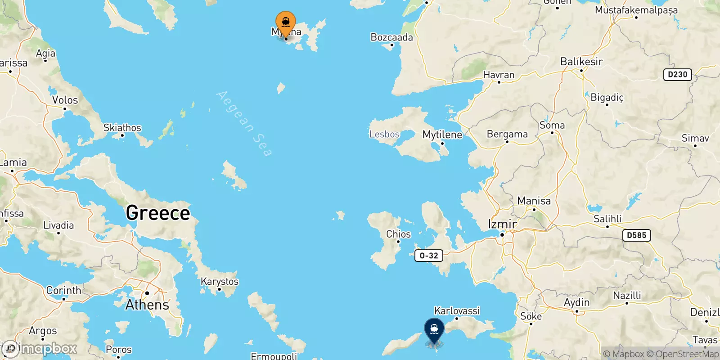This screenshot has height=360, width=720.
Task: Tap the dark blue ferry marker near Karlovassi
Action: (x=434, y=330)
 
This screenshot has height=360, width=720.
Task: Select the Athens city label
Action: (x=147, y=305)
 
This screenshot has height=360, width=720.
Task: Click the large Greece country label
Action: (x=158, y=213)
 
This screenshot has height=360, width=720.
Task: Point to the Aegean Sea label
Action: (x=244, y=123)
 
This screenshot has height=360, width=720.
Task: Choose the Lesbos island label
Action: (x=384, y=134)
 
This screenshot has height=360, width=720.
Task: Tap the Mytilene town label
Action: (x=442, y=135)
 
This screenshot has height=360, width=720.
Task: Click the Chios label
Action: (x=398, y=234)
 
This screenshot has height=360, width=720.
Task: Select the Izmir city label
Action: (x=502, y=224)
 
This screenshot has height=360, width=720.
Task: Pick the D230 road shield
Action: (x=677, y=75)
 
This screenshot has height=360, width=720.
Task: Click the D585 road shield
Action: (x=636, y=235)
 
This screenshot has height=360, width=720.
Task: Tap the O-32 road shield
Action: (x=428, y=256)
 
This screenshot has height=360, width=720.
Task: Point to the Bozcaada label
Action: (x=391, y=37)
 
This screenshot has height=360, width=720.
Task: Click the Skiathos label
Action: (x=122, y=128)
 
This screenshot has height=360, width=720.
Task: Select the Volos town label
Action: (x=65, y=100)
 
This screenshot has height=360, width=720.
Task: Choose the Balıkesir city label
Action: (x=581, y=62)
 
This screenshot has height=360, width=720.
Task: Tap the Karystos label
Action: (x=219, y=282)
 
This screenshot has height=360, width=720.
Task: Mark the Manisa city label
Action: (x=534, y=201)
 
